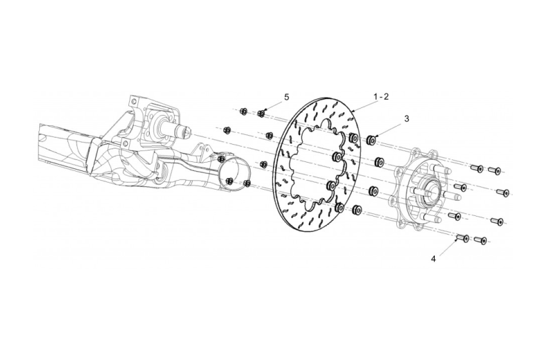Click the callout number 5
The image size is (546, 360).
[x=286, y=96]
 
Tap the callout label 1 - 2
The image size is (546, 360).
[x=382, y=96]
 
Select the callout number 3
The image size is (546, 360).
[x=406, y=119]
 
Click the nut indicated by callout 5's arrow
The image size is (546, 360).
[x=261, y=114]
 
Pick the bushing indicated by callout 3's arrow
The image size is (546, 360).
[x=371, y=139]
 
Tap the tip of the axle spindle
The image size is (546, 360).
[x=187, y=132]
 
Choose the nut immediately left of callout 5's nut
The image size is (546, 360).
[x=244, y=112]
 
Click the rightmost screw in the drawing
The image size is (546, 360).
[x=503, y=192]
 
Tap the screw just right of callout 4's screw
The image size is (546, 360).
[x=480, y=240]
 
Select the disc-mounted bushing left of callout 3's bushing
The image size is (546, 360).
[x=353, y=138]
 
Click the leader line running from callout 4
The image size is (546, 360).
[x=446, y=248]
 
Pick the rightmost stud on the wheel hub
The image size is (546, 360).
[x=461, y=188]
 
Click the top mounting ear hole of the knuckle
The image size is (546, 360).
[x=134, y=102]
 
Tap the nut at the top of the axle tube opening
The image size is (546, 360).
[x=222, y=159]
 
